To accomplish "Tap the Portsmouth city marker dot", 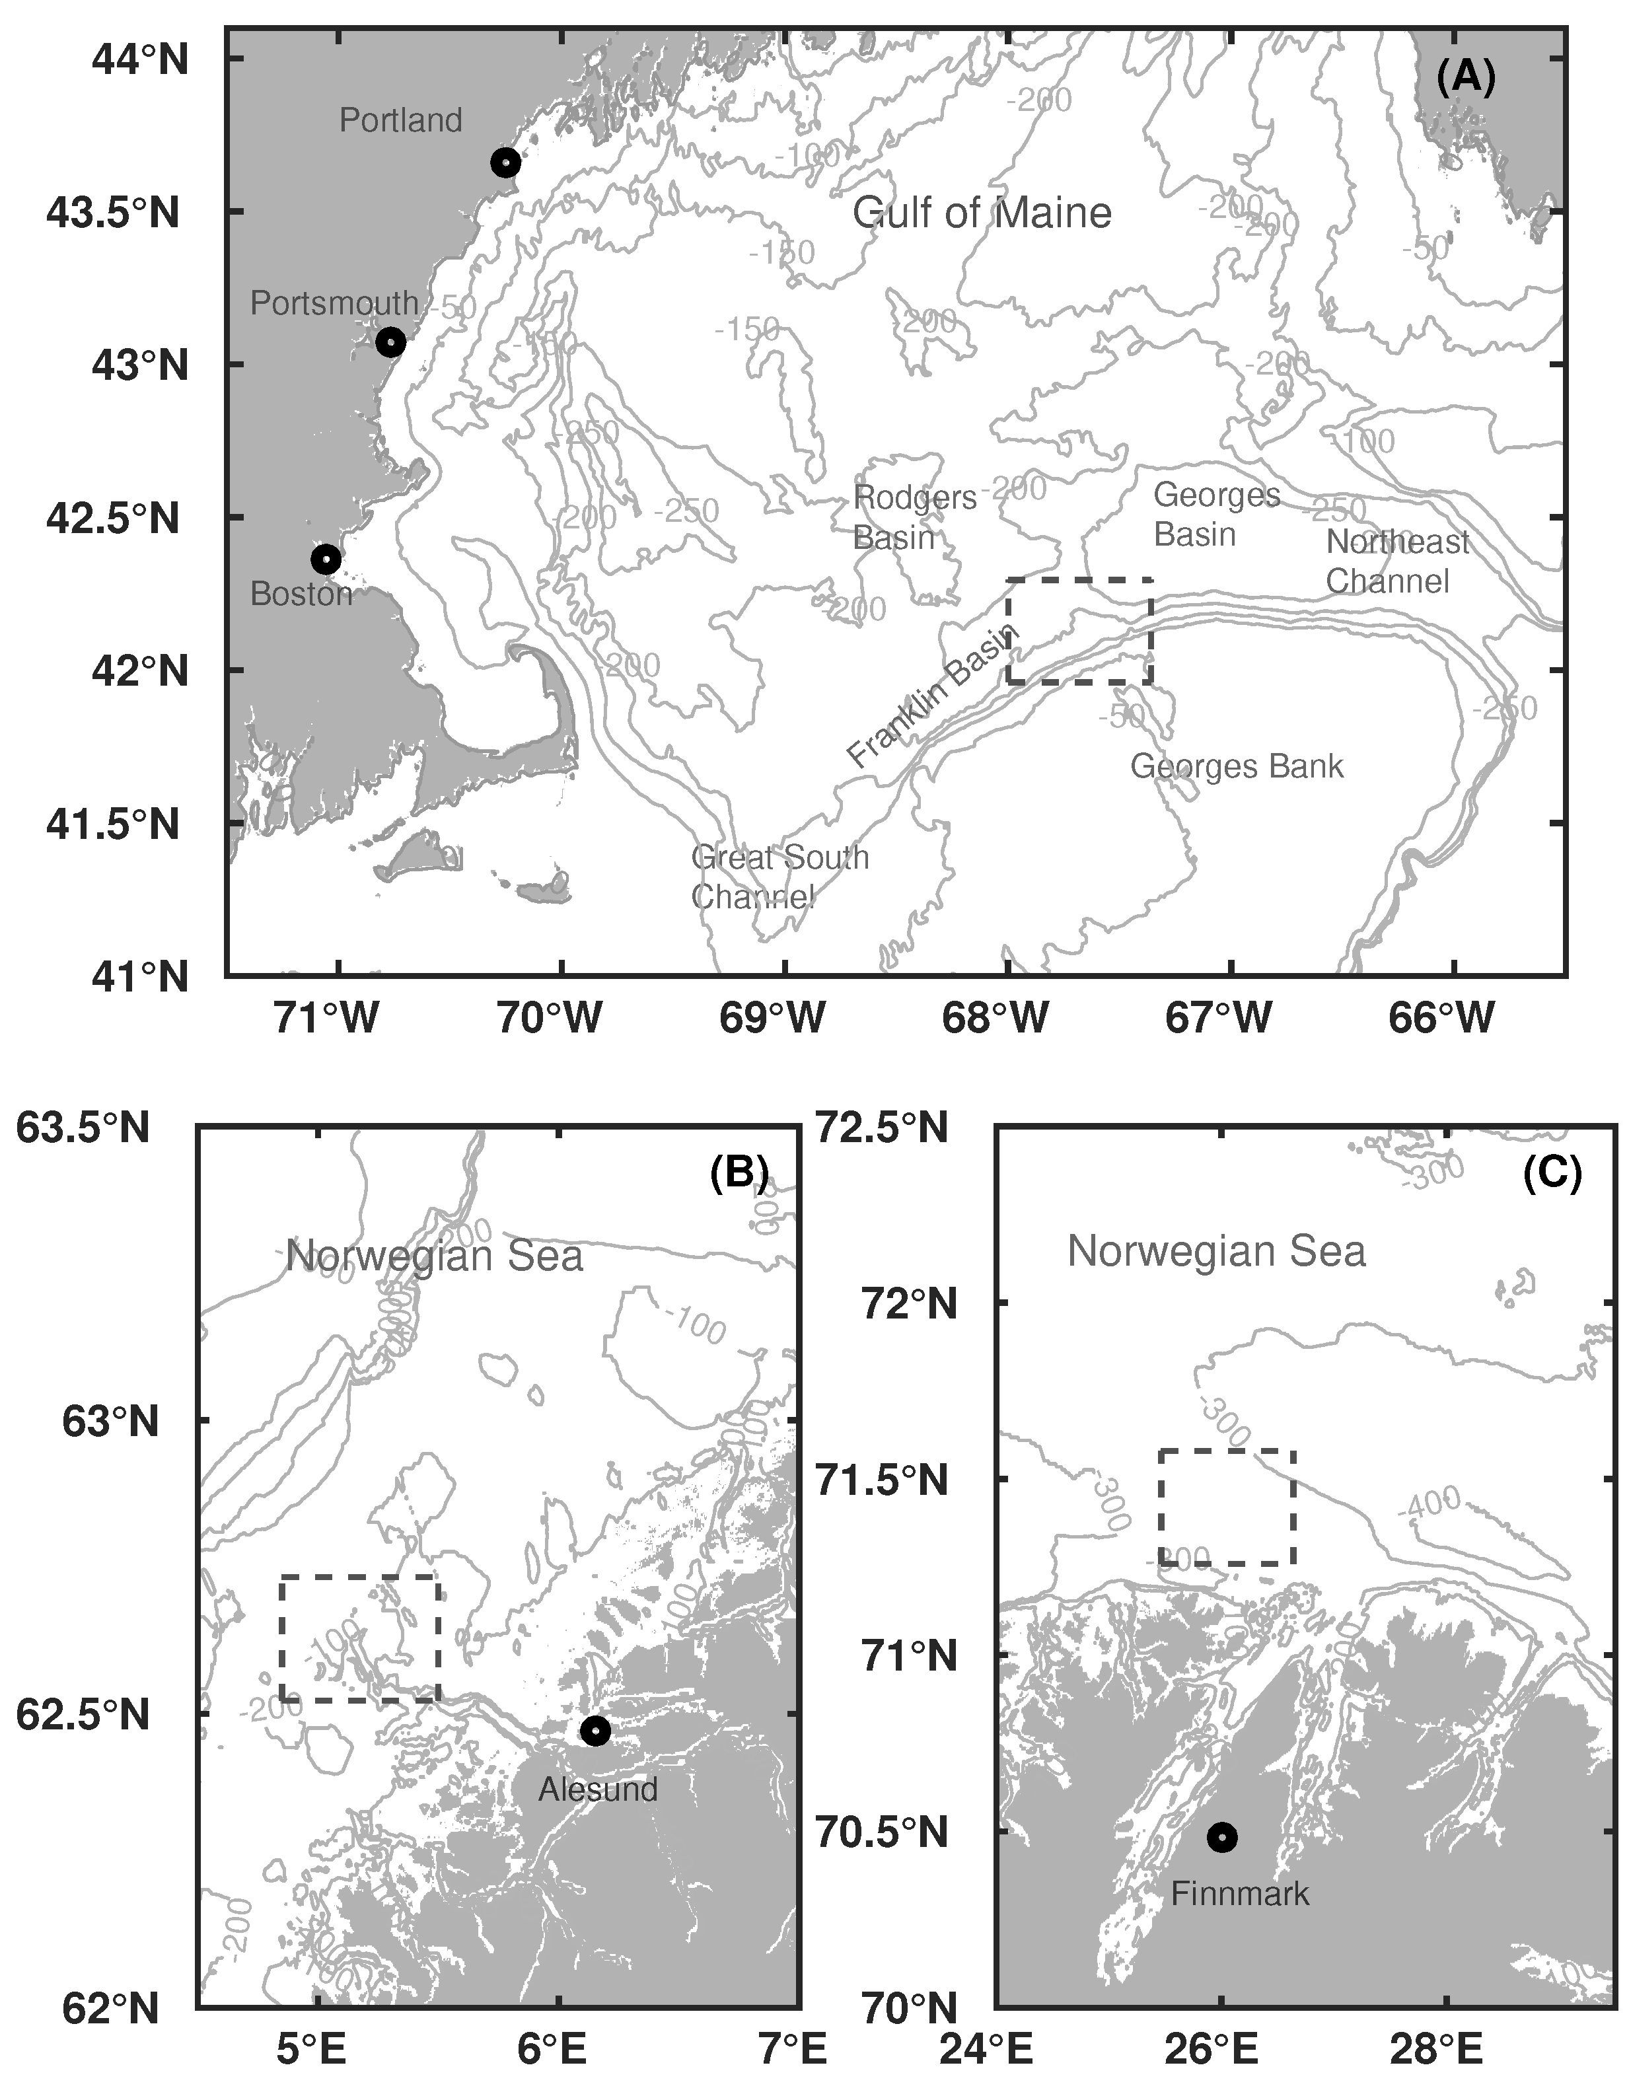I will (390, 343).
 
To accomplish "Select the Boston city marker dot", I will (326, 559).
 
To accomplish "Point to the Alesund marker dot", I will (595, 1730).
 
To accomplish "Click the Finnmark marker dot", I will (1222, 1837).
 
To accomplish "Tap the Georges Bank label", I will (1237, 766).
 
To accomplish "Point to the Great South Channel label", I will (779, 876).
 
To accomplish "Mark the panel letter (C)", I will (1551, 1172).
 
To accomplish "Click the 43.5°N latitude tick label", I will (113, 212).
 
